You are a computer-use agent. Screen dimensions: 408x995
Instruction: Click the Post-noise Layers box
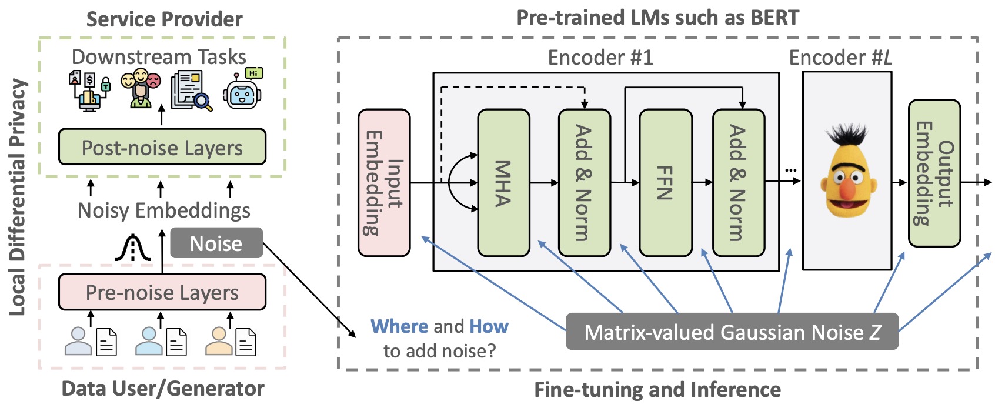(x=162, y=148)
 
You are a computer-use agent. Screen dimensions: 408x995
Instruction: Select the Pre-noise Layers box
(x=162, y=292)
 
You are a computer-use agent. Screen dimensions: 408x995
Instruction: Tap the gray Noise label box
(x=216, y=243)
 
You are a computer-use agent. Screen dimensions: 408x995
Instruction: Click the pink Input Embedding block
(x=384, y=183)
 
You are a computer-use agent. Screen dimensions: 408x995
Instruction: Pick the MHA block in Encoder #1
(x=503, y=183)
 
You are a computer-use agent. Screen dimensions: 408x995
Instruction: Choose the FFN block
(x=665, y=183)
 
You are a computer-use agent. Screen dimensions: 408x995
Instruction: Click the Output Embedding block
(x=934, y=173)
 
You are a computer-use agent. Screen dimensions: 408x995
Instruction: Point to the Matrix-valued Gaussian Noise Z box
(x=732, y=332)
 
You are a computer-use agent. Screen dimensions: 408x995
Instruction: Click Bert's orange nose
(x=847, y=190)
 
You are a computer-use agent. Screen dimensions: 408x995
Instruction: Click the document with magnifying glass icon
(x=191, y=91)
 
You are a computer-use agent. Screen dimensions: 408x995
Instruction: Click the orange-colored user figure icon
(x=218, y=342)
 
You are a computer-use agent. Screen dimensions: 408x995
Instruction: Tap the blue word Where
(x=399, y=326)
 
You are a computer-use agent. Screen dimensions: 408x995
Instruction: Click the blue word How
(x=489, y=326)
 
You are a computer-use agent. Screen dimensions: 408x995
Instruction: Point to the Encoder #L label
(x=840, y=58)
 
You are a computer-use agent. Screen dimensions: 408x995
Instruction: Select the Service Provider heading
(x=164, y=19)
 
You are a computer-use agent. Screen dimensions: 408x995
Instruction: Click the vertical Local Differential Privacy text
(x=18, y=198)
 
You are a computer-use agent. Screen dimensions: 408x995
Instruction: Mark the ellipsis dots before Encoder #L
(x=791, y=170)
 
